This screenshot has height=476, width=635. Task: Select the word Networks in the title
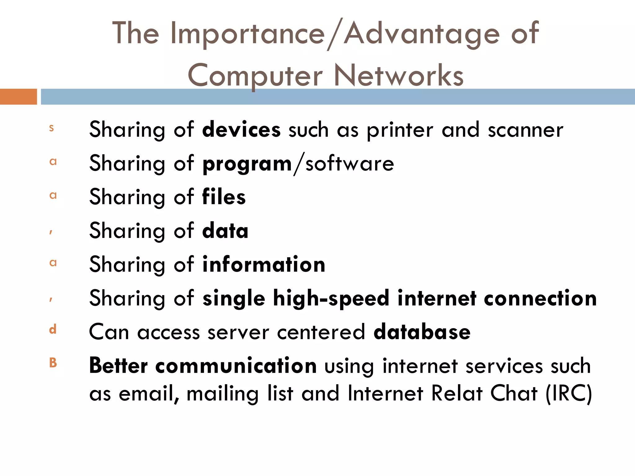tap(399, 75)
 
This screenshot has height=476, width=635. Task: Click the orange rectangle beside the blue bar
tap(18, 97)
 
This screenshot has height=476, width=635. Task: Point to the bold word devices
tap(241, 130)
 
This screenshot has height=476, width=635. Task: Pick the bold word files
tap(224, 197)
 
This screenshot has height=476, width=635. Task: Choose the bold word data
tap(225, 231)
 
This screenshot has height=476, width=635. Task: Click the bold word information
tap(264, 265)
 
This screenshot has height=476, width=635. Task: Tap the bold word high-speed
tap(331, 299)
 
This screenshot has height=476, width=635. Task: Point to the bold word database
tap(422, 332)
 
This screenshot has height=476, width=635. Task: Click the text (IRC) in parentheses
tap(569, 394)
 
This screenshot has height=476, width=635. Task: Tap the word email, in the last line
tap(149, 394)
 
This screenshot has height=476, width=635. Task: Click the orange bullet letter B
tap(53, 362)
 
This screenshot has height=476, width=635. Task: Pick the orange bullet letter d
tap(53, 329)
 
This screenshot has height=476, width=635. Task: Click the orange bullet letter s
tap(51, 128)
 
